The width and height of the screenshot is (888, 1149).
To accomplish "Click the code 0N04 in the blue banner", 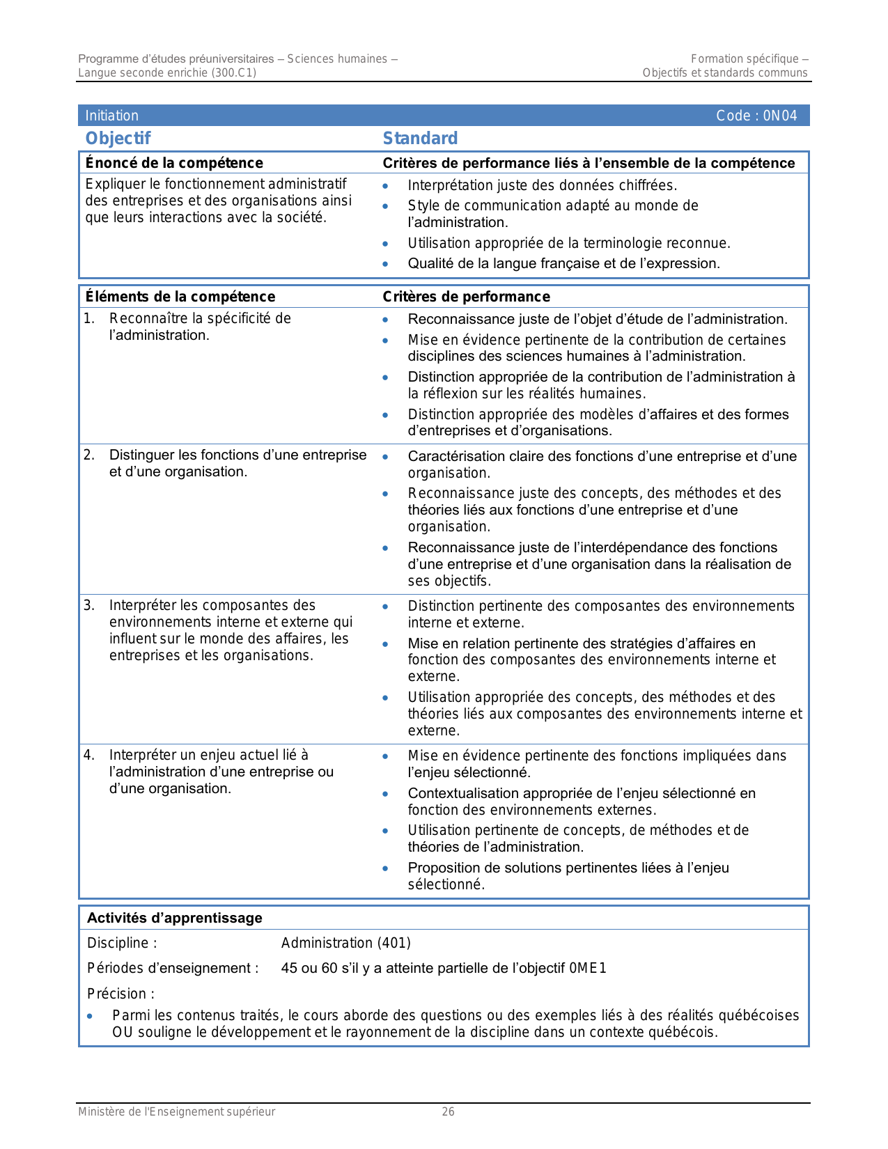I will tap(780, 116).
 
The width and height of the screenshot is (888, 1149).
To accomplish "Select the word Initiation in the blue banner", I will tap(111, 116).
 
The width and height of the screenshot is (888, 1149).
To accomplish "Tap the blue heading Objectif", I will tap(118, 138).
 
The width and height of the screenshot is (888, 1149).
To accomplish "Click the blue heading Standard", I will tap(420, 138).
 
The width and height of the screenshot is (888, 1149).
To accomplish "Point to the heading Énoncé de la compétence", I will tap(174, 163).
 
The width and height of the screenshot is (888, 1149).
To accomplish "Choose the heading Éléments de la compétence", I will tap(180, 297).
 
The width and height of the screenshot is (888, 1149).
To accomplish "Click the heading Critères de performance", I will tap(466, 297).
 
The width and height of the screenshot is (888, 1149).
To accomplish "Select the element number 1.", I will tap(88, 318).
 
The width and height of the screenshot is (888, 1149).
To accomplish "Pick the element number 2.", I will tap(88, 455).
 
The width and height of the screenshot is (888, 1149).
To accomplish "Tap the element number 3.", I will tap(88, 605).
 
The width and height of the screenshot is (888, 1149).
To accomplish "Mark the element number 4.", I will tap(88, 755).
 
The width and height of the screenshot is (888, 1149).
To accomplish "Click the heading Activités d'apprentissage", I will tap(174, 918).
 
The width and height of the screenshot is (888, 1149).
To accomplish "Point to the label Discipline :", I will tap(122, 943).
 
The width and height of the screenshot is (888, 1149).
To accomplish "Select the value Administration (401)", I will tap(345, 943).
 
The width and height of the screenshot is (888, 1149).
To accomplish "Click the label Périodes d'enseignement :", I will tap(173, 968).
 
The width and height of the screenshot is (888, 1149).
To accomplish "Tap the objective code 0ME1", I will tap(588, 968).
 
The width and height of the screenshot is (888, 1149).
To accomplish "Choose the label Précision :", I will tap(120, 994).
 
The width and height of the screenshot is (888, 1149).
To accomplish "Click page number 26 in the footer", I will tap(448, 1112).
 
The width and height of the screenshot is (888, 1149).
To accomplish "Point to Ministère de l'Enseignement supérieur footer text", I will tap(176, 1112).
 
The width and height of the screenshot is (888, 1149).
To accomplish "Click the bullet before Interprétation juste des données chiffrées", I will tap(385, 186).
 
